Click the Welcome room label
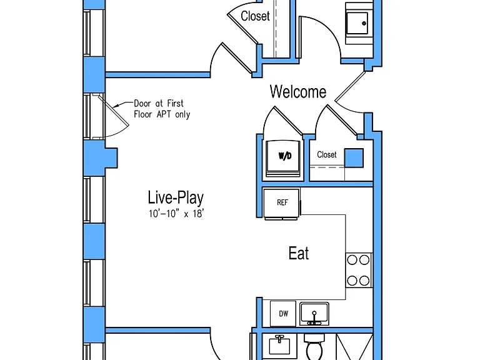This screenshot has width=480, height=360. pos(298,91)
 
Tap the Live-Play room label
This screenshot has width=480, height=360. pos(176,197)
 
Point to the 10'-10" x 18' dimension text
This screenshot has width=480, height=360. pos(176,213)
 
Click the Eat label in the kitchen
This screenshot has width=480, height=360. pos(299,253)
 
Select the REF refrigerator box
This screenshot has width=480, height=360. pos(282,204)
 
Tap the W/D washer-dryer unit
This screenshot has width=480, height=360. pos(284,158)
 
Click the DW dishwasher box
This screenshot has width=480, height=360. pos(283,314)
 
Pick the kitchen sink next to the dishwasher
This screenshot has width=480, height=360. pos(314,314)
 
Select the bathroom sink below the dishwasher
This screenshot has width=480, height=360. pos(279,345)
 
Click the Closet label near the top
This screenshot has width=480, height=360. pos(255,16)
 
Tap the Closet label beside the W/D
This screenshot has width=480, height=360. pos(327,154)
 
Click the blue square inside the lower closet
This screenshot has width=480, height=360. pos(354,158)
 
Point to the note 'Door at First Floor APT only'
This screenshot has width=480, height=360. pos(162,109)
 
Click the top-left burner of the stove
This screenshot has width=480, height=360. pos(352,260)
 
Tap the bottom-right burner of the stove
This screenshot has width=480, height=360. pos(364,281)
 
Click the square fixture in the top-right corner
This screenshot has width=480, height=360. pos(359,24)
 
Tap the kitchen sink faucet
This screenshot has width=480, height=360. pos(314,317)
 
